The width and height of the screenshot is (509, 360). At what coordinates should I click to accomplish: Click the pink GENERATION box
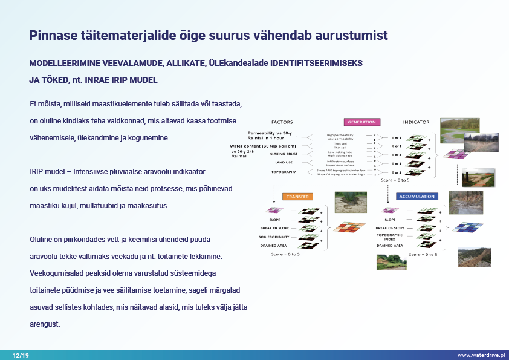coord(362,122)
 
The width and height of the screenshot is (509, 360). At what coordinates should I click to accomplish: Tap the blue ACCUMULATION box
coord(417,197)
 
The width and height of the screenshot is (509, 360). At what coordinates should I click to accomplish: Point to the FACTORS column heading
coord(282,122)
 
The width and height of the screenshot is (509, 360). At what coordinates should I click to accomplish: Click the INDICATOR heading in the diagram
coord(416,122)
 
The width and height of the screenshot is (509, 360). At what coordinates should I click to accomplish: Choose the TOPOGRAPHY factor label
coord(284,172)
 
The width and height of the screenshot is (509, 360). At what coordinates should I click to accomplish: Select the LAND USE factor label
coord(284,163)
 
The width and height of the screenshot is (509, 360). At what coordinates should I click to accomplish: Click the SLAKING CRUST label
coord(284,154)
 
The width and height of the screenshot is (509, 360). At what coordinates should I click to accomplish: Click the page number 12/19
coord(21,355)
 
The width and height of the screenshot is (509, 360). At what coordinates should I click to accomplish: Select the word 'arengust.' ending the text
coord(45,325)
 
